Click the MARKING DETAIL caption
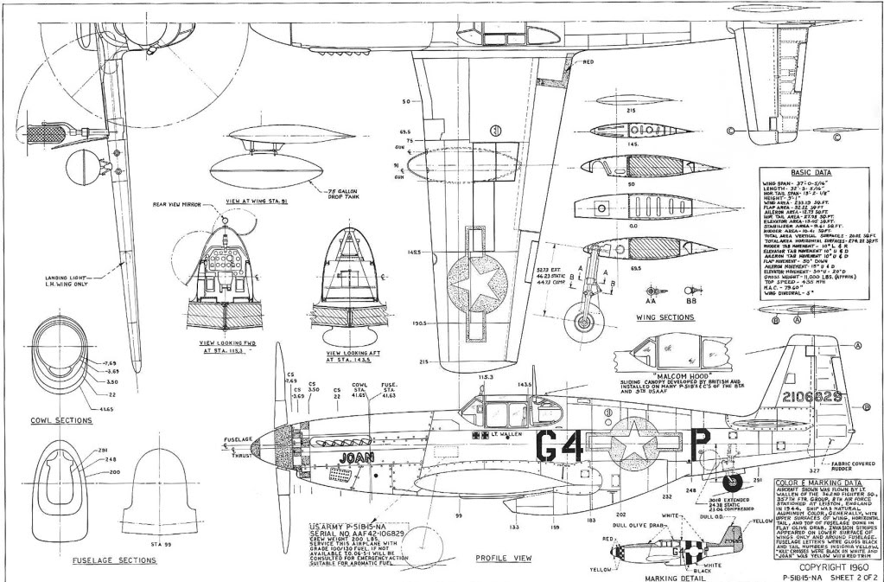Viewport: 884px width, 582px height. (x=670, y=572)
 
